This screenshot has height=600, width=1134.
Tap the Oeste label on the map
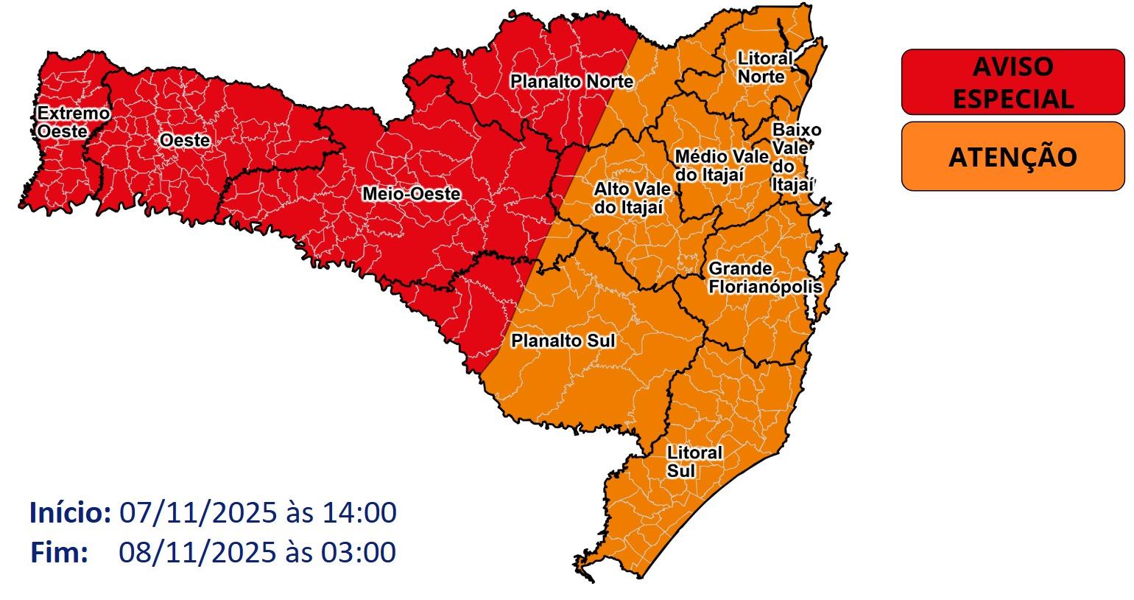pos(185,141)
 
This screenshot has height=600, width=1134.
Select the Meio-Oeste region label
pos(411,194)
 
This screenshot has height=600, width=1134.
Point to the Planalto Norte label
pos(571,81)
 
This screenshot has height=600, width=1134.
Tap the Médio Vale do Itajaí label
pos(721,166)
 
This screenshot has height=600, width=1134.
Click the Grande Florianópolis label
pos(764,278)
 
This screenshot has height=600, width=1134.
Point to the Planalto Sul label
pos(563,341)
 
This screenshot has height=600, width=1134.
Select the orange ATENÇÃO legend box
pos(1012,156)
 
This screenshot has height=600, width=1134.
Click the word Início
pos(70,512)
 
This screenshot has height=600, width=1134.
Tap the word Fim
pos(59,552)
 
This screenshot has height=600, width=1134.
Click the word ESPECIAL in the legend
pos(1012,99)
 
